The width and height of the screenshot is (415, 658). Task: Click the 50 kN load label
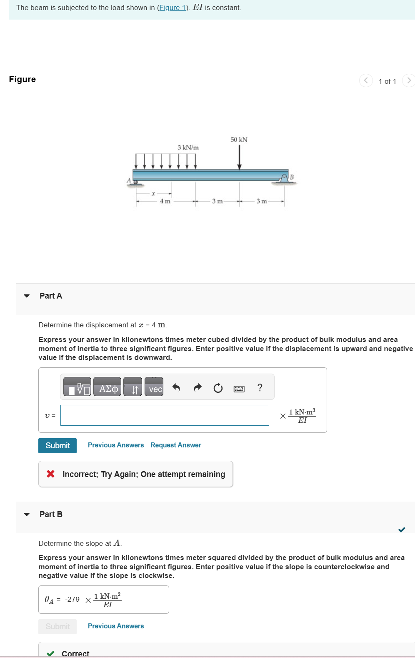tap(239, 140)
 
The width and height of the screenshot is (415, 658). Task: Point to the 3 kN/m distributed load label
tap(188, 148)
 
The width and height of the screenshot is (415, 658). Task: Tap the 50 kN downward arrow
tap(240, 158)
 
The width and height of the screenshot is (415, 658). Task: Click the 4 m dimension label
tap(165, 201)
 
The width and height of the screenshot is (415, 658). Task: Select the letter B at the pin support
tap(292, 177)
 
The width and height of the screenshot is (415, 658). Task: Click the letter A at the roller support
tap(129, 181)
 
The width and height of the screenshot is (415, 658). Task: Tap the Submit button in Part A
tap(57, 445)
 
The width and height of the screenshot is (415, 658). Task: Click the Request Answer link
tap(176, 445)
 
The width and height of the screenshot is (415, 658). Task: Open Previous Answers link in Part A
tap(116, 445)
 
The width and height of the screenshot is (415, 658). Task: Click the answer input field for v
tap(165, 415)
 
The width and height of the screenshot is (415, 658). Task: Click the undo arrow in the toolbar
tap(176, 388)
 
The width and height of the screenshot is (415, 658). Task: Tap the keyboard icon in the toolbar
tap(239, 389)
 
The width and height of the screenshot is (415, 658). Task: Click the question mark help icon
tap(260, 388)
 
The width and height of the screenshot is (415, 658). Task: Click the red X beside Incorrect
tap(51, 474)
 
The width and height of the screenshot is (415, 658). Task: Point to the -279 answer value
tap(72, 600)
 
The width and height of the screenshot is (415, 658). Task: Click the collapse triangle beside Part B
tap(27, 514)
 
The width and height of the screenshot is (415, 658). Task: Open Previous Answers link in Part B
tap(116, 626)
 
